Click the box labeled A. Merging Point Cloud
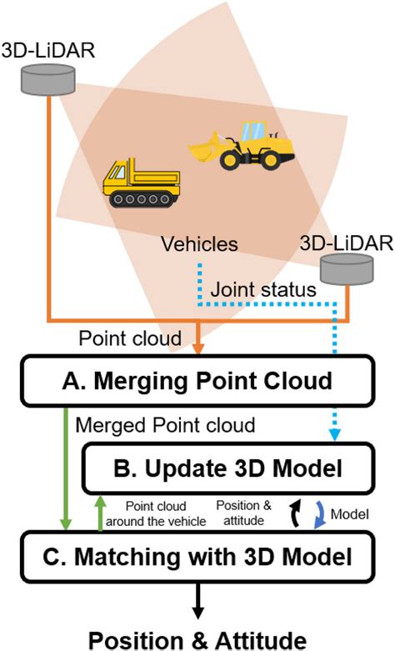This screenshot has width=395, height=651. [197, 382]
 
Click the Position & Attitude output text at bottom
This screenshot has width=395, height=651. [197, 638]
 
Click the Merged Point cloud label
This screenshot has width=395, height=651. [164, 425]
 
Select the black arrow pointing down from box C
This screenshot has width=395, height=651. [197, 598]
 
